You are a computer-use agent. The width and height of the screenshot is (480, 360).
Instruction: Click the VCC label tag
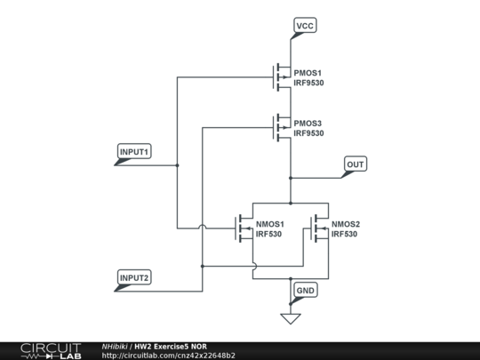click(304, 26)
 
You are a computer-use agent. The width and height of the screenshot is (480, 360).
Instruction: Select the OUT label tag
click(356, 164)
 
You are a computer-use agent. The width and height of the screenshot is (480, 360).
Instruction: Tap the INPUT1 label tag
click(135, 152)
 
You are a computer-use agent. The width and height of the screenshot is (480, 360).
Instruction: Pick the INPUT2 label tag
click(135, 278)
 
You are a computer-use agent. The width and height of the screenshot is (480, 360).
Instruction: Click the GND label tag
click(305, 291)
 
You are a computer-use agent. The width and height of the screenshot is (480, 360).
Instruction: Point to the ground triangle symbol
click(291, 318)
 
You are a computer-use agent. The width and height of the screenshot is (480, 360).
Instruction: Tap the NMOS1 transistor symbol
click(244, 228)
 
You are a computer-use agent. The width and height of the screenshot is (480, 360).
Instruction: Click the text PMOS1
click(308, 72)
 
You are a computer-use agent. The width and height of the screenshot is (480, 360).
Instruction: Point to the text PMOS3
click(308, 123)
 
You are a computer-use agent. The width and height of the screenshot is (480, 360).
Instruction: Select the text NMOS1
click(270, 224)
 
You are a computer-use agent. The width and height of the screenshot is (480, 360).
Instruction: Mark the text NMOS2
click(346, 224)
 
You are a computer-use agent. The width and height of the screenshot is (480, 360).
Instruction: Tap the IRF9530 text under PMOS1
click(309, 83)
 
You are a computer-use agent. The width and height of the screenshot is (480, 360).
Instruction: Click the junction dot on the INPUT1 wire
click(177, 164)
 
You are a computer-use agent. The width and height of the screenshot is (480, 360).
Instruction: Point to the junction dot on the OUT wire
click(291, 178)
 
